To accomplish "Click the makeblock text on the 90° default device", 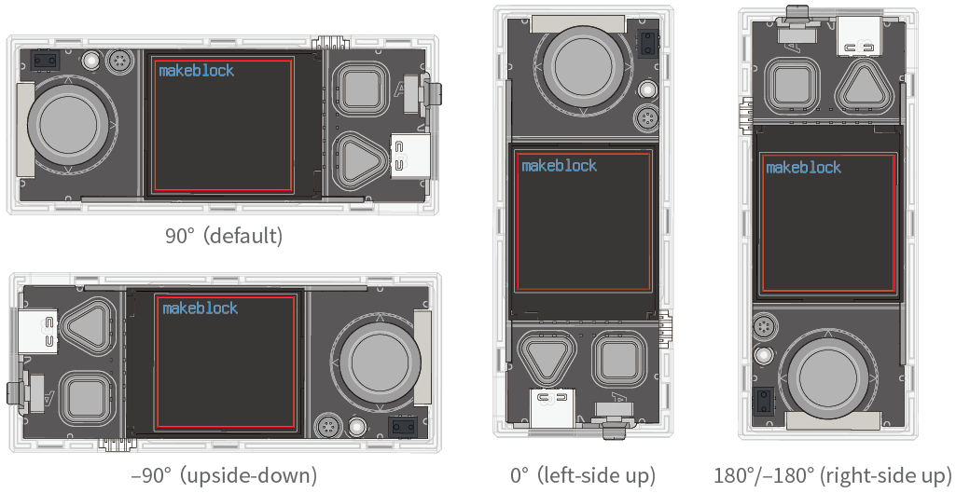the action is click(x=196, y=71).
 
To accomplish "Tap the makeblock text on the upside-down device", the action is click(x=200, y=308).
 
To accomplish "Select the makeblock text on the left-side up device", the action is click(x=559, y=166).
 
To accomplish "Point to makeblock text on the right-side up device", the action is click(x=804, y=168).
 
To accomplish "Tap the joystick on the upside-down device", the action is click(x=380, y=363).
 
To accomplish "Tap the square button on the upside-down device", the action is click(x=87, y=399).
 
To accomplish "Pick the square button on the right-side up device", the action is click(x=793, y=85).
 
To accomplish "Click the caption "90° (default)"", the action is click(x=224, y=235).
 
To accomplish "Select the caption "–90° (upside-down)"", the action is click(x=224, y=474).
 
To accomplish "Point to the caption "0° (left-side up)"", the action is click(x=583, y=474).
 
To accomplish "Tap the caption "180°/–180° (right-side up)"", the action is click(x=832, y=474).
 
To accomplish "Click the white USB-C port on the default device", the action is click(x=409, y=156).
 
